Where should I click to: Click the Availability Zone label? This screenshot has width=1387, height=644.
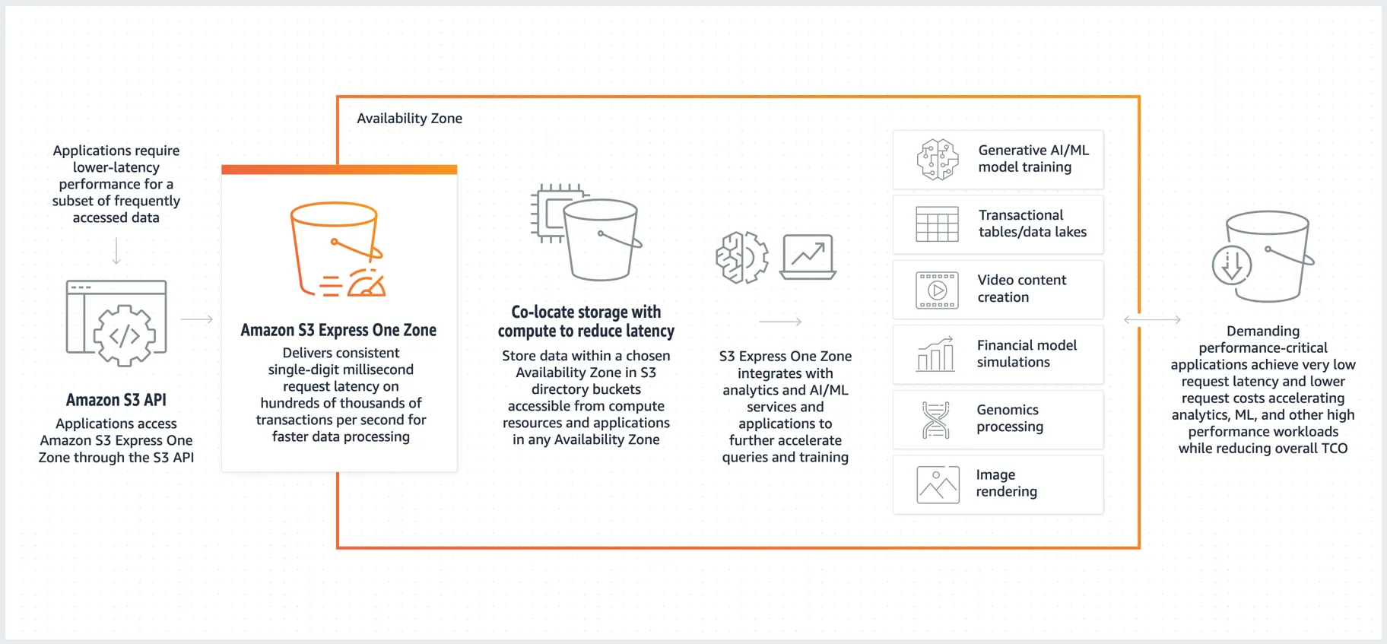click(409, 119)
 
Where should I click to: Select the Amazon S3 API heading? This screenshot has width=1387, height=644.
click(116, 400)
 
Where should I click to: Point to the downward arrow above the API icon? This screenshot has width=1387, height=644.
click(116, 251)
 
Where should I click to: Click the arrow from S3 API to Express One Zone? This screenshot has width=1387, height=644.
click(197, 319)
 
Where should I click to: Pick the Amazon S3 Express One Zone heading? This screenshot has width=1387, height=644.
click(338, 330)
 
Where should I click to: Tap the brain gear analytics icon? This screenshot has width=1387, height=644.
click(741, 258)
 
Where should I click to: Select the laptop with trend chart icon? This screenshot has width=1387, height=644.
click(808, 257)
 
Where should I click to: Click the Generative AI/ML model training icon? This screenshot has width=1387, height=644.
click(938, 160)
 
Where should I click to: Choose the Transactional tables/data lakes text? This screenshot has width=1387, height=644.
click(1032, 224)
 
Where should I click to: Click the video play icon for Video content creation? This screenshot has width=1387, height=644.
click(937, 290)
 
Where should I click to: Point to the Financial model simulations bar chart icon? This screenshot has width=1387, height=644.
click(936, 354)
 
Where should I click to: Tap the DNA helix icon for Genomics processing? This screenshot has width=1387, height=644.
click(936, 420)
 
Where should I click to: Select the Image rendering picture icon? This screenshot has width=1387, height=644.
click(938, 484)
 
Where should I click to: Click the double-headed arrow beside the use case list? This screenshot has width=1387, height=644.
click(1152, 320)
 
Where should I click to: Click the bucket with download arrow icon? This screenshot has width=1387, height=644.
click(1263, 257)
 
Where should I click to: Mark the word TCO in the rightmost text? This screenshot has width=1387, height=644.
click(1334, 449)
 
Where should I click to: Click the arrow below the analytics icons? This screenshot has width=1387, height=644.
click(780, 322)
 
